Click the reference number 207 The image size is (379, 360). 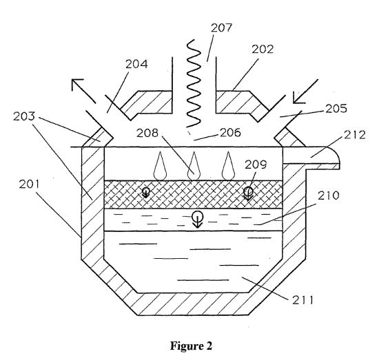click(x=221, y=28)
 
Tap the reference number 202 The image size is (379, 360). click(x=263, y=50)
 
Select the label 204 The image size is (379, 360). click(x=136, y=64)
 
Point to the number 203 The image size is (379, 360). click(x=24, y=116)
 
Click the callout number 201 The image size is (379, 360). click(x=29, y=184)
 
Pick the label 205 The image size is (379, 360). click(x=336, y=109)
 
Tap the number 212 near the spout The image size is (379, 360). click(x=355, y=135)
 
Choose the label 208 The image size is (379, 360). click(x=147, y=133)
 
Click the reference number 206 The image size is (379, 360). click(x=230, y=133)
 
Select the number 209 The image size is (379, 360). click(x=256, y=165)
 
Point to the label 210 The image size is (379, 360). click(x=329, y=195)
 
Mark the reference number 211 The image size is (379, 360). click(x=303, y=300)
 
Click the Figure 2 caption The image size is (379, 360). click(x=191, y=346)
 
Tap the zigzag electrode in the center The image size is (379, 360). click(x=194, y=83)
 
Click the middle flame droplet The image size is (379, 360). click(x=194, y=166)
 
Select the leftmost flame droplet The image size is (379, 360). click(x=160, y=166)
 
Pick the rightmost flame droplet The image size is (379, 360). click(x=228, y=166)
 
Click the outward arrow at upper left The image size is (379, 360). click(x=83, y=91)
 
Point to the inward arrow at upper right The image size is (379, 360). click(x=305, y=92)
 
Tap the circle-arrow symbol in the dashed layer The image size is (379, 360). click(x=198, y=219)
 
